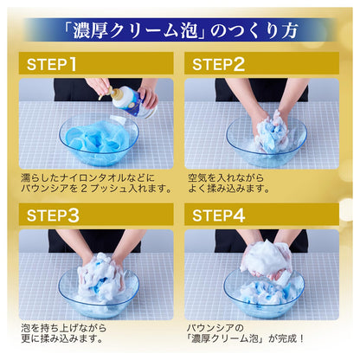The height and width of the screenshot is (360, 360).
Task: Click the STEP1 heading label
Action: point(52,64)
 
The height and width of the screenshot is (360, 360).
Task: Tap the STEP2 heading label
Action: point(218,64)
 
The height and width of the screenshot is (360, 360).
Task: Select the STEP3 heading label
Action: point(53,215)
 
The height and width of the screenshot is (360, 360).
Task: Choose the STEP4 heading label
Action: point(219,215)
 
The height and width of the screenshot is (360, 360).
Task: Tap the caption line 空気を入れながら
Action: point(226,177)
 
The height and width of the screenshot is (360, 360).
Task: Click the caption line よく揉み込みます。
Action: point(229,189)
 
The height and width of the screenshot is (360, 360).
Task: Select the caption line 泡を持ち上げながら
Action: point(64,328)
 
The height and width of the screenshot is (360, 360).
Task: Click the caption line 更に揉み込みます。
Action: point(62,338)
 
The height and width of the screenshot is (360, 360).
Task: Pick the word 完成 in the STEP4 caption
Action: point(287,338)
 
